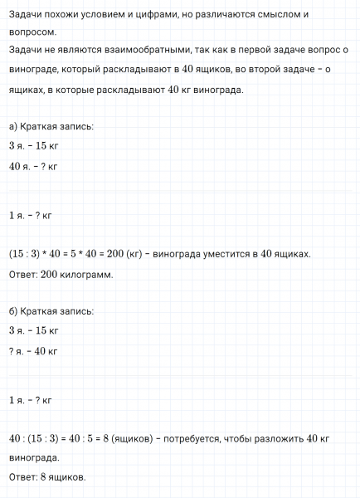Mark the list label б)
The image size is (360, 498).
(x=13, y=311)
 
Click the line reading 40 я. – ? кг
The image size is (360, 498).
(x=32, y=166)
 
